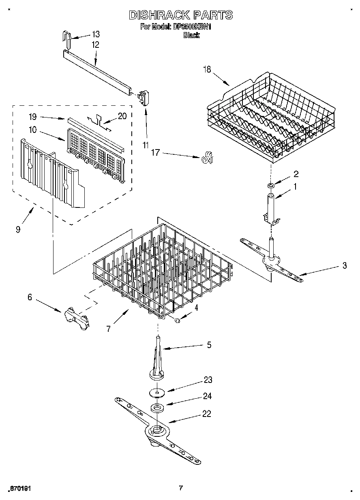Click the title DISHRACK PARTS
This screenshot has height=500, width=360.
(x=180, y=15)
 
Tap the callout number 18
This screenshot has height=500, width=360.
(x=207, y=70)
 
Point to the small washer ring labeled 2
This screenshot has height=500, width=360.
(x=271, y=186)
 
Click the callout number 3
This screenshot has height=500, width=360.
(x=344, y=266)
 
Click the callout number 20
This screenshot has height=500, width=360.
(x=122, y=116)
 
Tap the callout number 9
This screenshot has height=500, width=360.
(x=18, y=230)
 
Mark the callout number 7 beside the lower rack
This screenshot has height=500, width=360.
(x=108, y=329)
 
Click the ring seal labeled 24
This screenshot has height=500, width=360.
(x=156, y=408)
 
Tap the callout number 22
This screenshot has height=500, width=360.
(x=207, y=414)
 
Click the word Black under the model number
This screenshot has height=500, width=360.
(x=191, y=35)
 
